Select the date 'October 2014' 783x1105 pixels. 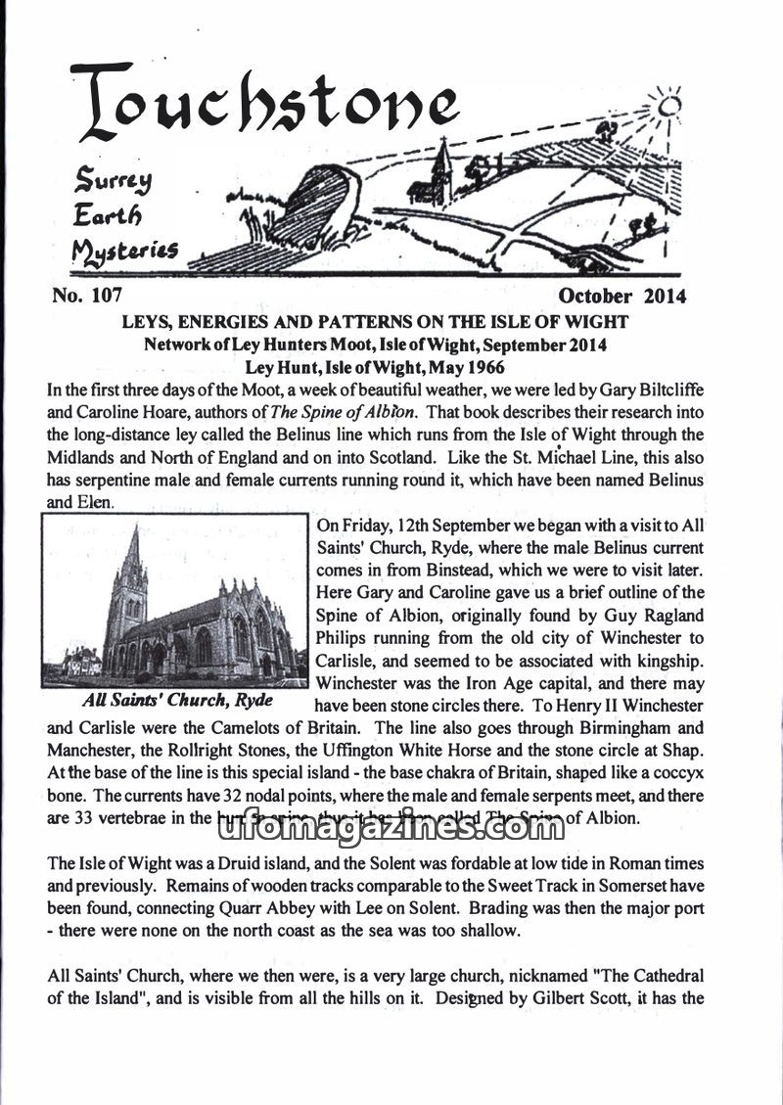click(622, 296)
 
